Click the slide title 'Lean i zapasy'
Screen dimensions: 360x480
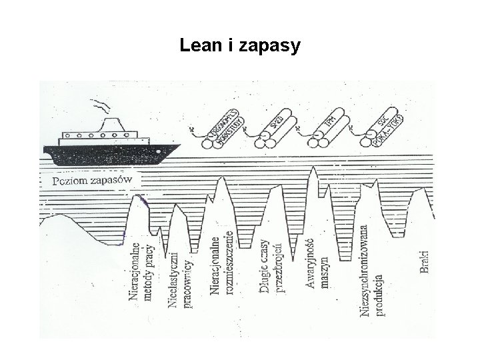click(240, 46)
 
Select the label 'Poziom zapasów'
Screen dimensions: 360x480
click(93, 180)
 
